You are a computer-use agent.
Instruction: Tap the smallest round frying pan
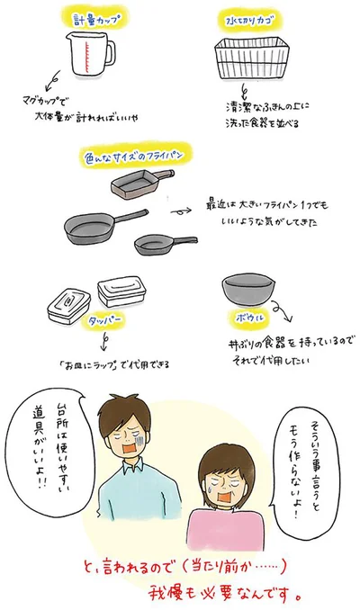coord(162,243)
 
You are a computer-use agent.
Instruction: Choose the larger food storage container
coord(121,291)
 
